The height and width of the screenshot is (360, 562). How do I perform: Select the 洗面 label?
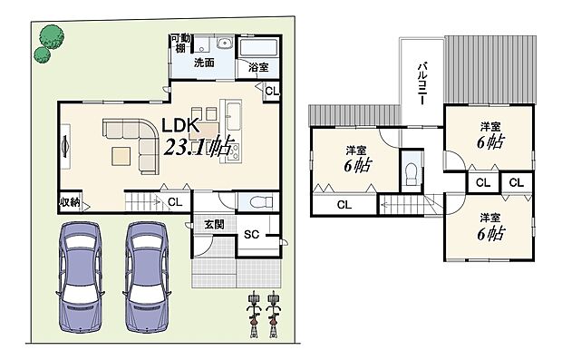pyautogui.click(x=204, y=64)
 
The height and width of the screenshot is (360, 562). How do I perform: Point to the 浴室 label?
pyautogui.click(x=258, y=67)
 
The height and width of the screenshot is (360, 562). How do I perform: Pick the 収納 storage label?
pyautogui.click(x=70, y=201)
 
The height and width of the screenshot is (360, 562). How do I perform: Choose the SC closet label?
pyautogui.click(x=253, y=235)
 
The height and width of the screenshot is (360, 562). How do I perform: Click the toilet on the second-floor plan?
pyautogui.click(x=412, y=171)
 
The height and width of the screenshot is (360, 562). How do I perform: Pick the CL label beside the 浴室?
pyautogui.click(x=272, y=90)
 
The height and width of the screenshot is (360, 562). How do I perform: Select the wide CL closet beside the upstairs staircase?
pyautogui.click(x=344, y=206)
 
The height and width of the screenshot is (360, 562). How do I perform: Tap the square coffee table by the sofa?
pyautogui.click(x=121, y=157)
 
